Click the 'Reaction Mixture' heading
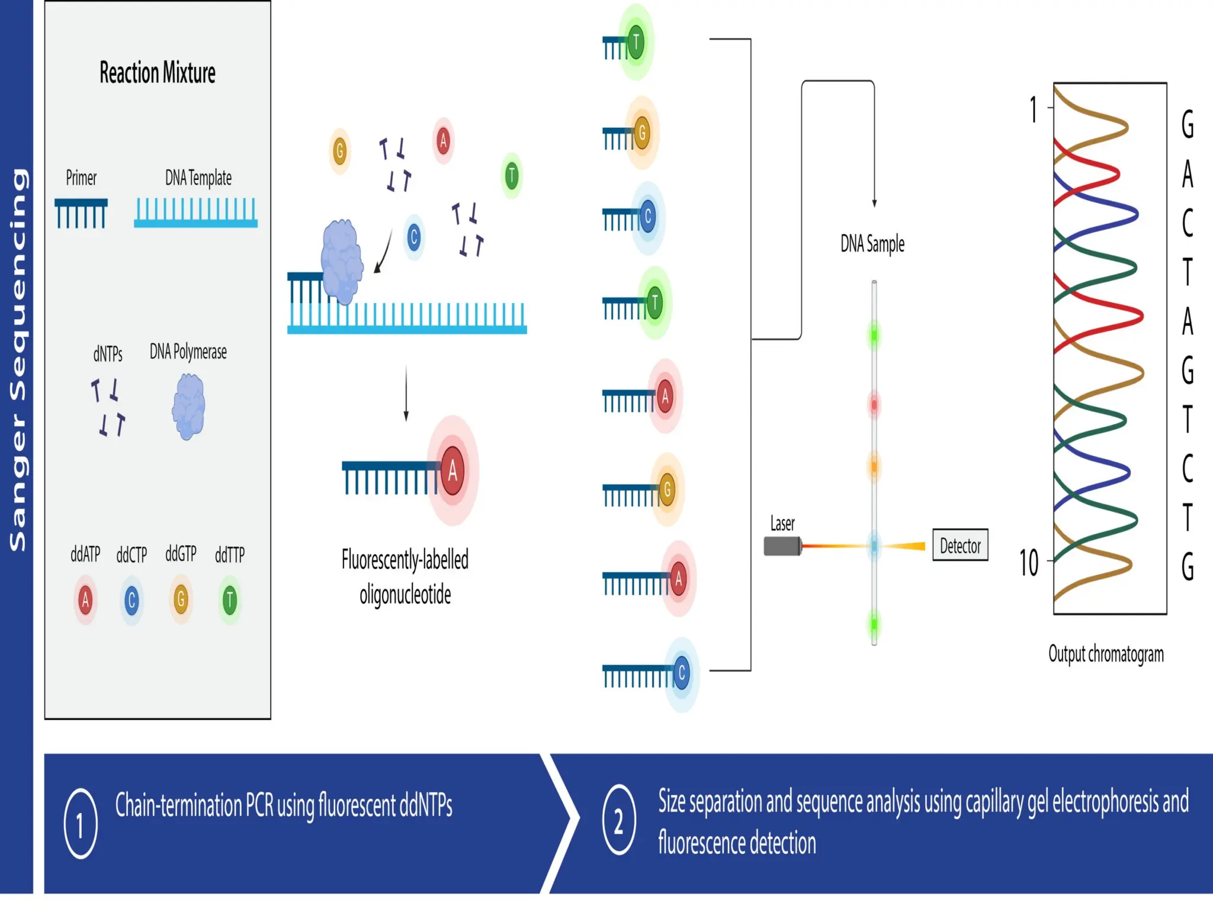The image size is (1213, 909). [x=158, y=73]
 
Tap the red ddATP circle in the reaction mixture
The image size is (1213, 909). [x=85, y=600]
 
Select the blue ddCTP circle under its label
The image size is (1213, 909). [x=131, y=601]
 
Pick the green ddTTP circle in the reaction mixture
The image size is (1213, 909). [x=230, y=601]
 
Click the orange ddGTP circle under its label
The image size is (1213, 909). [x=181, y=599]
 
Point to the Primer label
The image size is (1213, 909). [x=81, y=178]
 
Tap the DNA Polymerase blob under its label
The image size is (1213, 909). [x=189, y=407]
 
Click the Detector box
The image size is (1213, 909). [x=960, y=545]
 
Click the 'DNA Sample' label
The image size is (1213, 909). [x=872, y=244]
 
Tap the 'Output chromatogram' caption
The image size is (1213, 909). [x=1106, y=655]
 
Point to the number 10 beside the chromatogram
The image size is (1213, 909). [x=1029, y=563]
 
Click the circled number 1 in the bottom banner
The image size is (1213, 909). [x=81, y=823]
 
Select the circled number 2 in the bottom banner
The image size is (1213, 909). [x=619, y=820]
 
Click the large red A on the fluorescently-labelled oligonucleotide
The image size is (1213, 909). [x=453, y=471]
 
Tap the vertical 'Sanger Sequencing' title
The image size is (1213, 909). [x=17, y=360]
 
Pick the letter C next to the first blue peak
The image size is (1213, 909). [x=1188, y=223]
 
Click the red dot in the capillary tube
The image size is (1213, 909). [x=874, y=405]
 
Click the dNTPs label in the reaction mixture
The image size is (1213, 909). [x=108, y=354]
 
